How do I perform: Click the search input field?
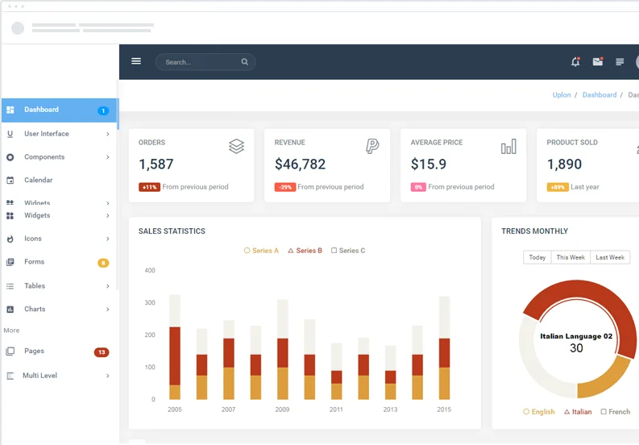201,62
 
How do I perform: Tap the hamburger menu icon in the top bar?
136,61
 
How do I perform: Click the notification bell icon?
575,62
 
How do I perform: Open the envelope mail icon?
597,62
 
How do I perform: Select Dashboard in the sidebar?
41,110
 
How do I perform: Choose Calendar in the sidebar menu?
38,181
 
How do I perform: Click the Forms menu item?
34,262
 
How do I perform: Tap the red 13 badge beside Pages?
102,352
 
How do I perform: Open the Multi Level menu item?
39,376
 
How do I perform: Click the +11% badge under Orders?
149,187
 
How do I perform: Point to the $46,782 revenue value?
300,164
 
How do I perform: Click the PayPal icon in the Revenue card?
372,146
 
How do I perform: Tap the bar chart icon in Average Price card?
508,147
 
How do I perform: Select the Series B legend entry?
305,251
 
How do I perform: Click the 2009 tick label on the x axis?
282,410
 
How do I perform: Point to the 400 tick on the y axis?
150,271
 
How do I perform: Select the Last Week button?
610,257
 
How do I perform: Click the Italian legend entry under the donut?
577,412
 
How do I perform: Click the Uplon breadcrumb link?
562,95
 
